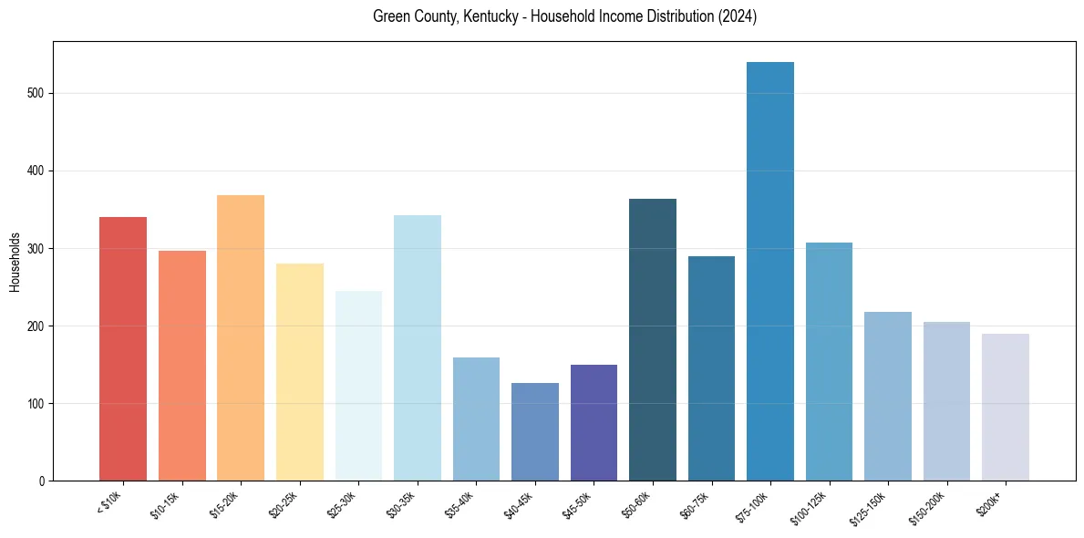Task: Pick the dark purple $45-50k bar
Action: (x=594, y=423)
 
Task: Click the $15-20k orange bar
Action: (x=241, y=338)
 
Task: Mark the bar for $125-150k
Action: (x=888, y=397)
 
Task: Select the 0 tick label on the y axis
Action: (x=42, y=481)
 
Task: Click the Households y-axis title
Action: (x=15, y=261)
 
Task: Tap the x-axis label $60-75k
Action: (x=695, y=504)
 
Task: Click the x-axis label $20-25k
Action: (x=283, y=504)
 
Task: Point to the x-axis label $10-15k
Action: (x=165, y=504)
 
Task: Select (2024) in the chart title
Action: (x=738, y=16)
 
